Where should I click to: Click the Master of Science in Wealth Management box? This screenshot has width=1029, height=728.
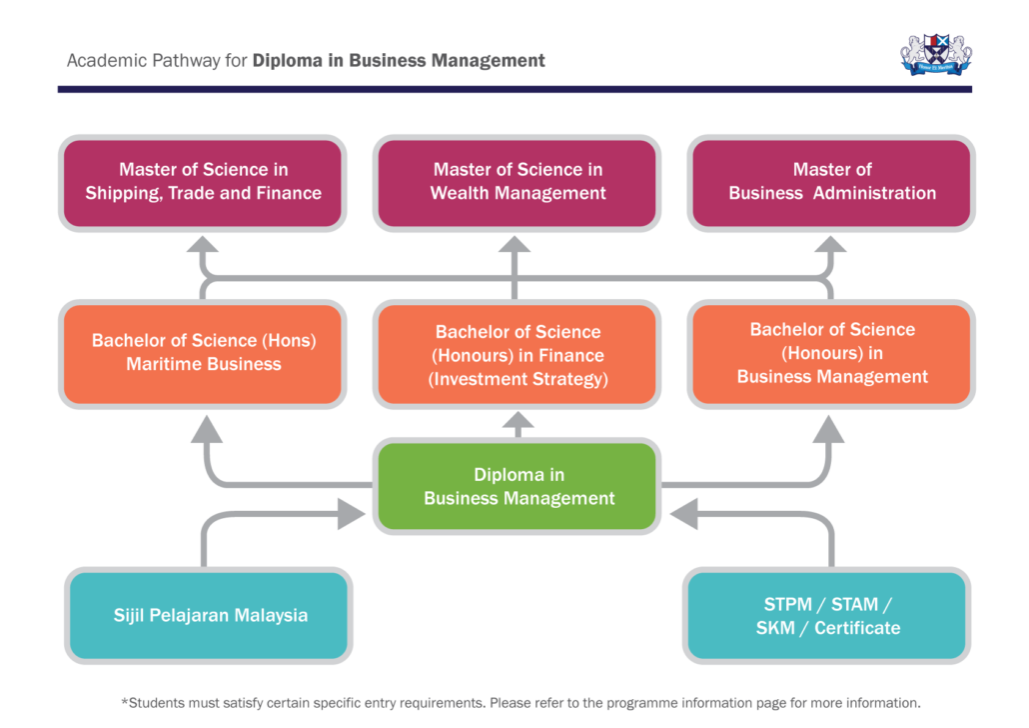point(517,181)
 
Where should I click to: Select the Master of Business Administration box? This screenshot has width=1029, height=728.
point(832,181)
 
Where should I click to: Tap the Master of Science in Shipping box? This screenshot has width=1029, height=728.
point(204,181)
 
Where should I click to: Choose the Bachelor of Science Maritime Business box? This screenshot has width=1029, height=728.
point(204,353)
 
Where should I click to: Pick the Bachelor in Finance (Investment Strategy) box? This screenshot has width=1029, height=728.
point(517,355)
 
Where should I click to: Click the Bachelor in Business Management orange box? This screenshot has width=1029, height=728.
point(832,353)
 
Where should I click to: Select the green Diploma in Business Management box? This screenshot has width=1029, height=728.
point(517,487)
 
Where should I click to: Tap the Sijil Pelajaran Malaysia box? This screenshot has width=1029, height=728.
point(210,615)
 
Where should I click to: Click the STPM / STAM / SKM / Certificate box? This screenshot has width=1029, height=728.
point(827,616)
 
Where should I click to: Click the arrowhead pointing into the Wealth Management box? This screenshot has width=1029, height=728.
point(516,246)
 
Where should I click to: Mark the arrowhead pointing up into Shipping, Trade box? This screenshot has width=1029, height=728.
point(204,246)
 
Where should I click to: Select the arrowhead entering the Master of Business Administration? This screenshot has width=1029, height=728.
point(832,246)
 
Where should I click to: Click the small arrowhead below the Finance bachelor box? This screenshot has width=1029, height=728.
point(516,426)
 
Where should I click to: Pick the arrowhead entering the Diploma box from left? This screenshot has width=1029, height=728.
point(352,515)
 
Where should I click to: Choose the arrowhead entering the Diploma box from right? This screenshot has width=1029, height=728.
point(685,515)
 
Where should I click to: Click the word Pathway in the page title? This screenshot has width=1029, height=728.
point(184,61)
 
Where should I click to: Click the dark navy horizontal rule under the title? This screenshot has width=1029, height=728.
point(514,89)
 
